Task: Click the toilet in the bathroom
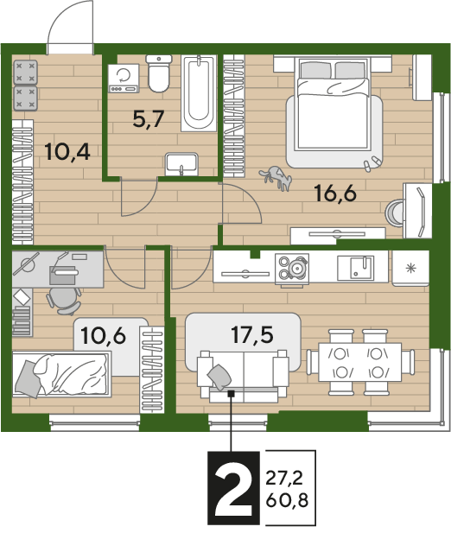coord(159,73)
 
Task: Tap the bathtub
coord(199,92)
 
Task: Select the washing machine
coord(124,79)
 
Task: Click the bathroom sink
coord(181,164)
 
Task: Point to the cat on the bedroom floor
coord(276,177)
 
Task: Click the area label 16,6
coord(335,194)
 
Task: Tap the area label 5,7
coord(149,118)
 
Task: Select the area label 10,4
coord(67,151)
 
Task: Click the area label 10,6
coord(104,335)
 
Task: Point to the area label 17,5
coord(252,334)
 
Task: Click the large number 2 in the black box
coord(234,488)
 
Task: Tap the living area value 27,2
coord(284,479)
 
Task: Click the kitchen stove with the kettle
coord(292,268)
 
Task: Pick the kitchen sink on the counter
coord(355,268)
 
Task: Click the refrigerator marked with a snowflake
coord(410,268)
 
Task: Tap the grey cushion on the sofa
coord(219,377)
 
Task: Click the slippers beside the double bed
coord(372,162)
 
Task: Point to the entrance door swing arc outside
coord(61,17)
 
